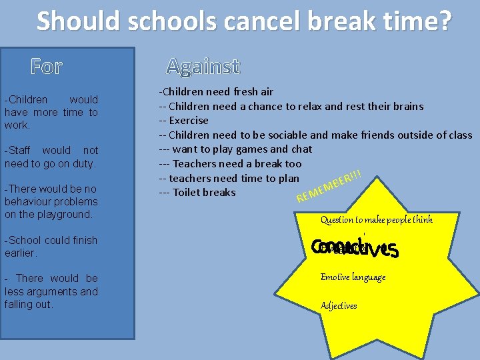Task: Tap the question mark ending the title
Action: (443, 21)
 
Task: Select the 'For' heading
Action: (47, 67)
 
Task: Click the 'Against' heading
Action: (202, 66)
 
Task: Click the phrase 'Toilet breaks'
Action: (204, 193)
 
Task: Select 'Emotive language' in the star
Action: (353, 277)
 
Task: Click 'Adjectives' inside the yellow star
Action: (339, 305)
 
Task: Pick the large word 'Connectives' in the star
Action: (355, 248)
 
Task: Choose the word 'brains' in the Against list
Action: (407, 106)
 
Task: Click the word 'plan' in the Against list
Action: (289, 178)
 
